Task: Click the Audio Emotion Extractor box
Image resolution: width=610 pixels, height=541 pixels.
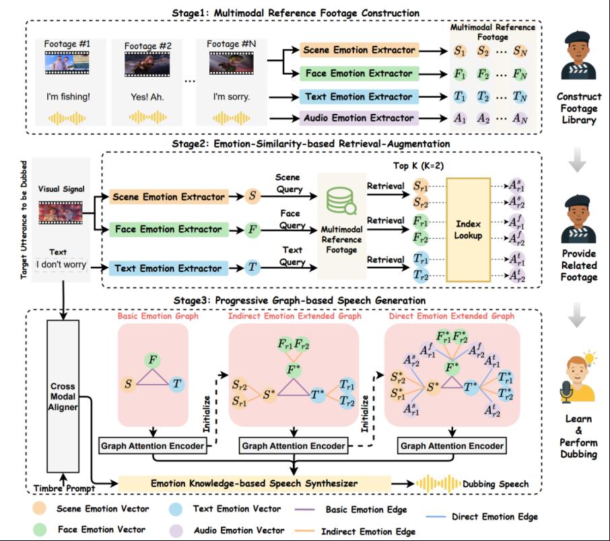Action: click(x=359, y=119)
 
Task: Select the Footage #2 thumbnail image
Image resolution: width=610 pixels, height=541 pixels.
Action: click(x=147, y=65)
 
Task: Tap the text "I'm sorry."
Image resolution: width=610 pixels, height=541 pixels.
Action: click(x=231, y=96)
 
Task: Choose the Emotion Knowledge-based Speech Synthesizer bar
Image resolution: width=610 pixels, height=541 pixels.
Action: click(x=254, y=483)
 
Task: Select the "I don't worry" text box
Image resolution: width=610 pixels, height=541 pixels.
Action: click(x=61, y=264)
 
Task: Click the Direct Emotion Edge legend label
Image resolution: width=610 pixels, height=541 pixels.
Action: click(x=494, y=517)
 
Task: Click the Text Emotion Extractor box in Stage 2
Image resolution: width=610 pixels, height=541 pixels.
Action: click(x=166, y=267)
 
